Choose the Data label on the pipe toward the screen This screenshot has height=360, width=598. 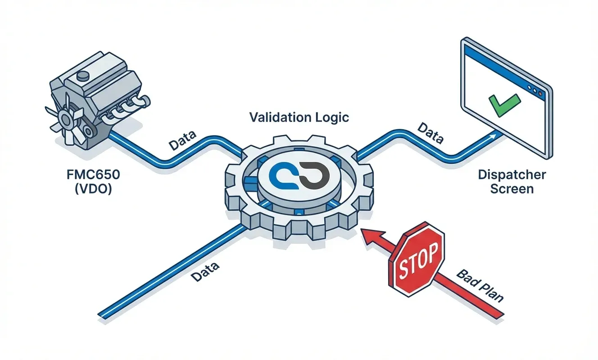click(x=430, y=133)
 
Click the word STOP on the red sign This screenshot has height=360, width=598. click(x=416, y=261)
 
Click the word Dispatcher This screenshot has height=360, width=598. click(x=512, y=175)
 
